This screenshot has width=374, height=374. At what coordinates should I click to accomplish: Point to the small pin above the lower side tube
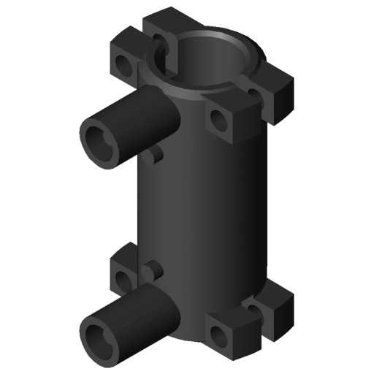(151, 271)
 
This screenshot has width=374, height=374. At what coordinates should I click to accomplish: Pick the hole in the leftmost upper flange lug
(124, 67)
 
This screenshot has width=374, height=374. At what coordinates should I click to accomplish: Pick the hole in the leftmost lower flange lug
(121, 278)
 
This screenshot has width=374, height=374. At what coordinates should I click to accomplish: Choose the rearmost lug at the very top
(165, 22)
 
